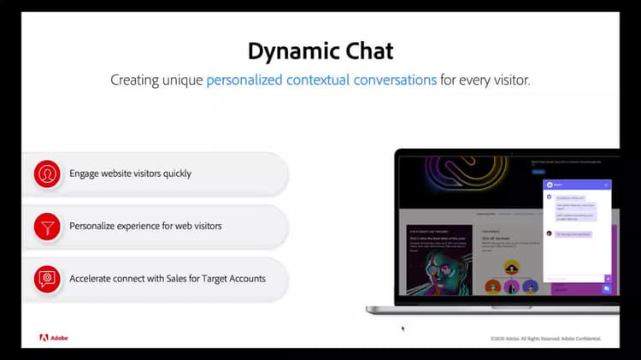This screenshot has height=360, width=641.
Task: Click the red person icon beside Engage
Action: click(46, 174)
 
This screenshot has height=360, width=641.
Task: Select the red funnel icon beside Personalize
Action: click(46, 227)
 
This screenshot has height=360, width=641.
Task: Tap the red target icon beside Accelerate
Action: click(46, 279)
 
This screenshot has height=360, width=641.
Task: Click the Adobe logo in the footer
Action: click(53, 338)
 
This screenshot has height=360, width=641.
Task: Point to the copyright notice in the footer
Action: click(544, 339)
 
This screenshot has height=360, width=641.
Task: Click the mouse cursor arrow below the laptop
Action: click(403, 328)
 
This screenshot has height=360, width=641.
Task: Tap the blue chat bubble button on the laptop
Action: click(607, 289)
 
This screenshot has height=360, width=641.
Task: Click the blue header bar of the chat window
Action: click(578, 184)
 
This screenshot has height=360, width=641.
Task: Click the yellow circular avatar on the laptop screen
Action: click(511, 267)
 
